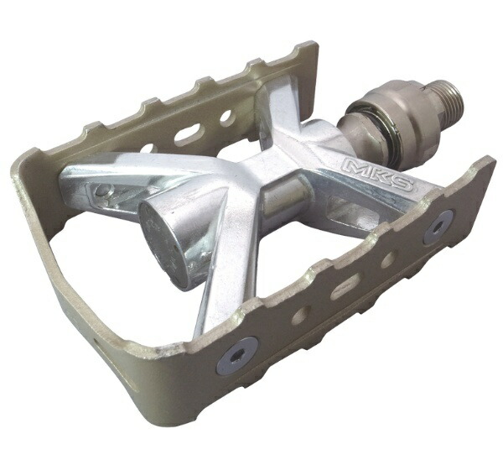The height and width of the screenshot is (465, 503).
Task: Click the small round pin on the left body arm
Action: click(103, 191)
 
